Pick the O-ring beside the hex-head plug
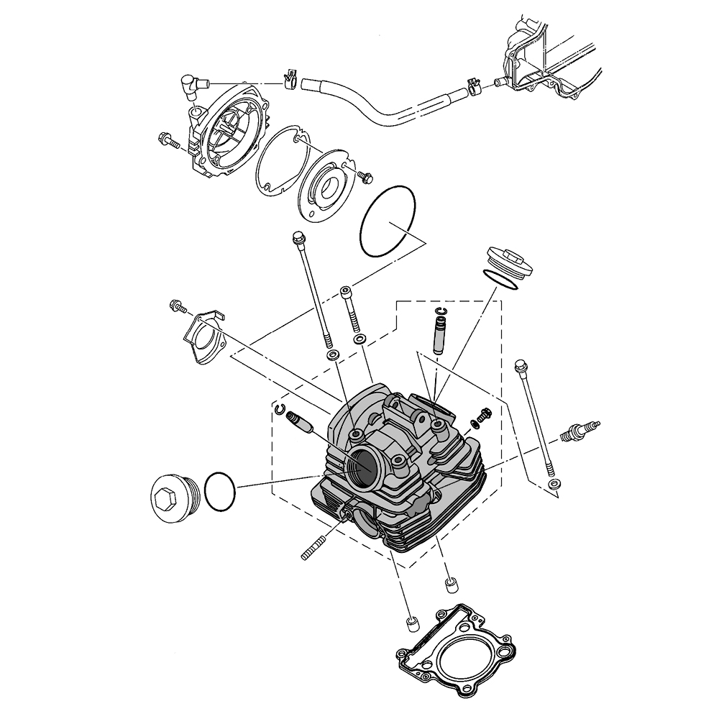point(219,493)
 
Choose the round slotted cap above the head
point(509,260)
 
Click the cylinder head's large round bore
point(367,467)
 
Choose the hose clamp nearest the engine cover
point(472,87)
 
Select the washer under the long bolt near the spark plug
point(552,485)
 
